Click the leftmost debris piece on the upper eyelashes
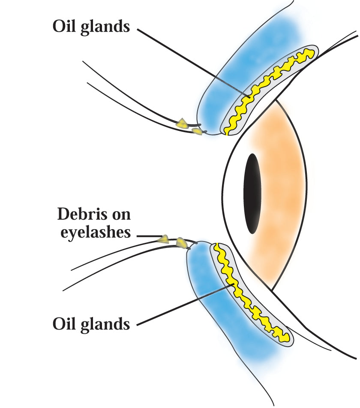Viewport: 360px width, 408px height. tap(182, 124)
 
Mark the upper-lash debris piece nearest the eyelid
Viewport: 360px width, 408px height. tap(197, 131)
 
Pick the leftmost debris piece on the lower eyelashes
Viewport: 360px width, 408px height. tap(163, 239)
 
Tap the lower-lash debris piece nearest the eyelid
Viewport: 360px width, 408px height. tap(182, 243)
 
